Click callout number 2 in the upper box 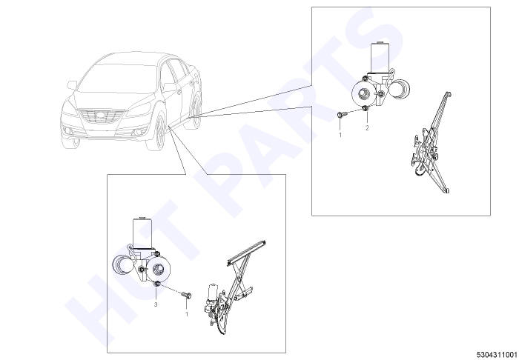point(367,128)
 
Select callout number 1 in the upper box point(340,136)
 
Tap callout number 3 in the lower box point(156,304)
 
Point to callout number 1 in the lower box point(187,314)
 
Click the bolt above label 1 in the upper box point(342,114)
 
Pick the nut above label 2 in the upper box point(366,109)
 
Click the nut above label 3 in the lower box point(157,284)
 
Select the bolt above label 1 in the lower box point(187,294)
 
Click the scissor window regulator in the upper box point(430,143)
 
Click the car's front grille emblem point(101,116)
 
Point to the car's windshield point(116,79)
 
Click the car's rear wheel point(196,110)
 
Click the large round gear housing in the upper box point(364,93)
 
